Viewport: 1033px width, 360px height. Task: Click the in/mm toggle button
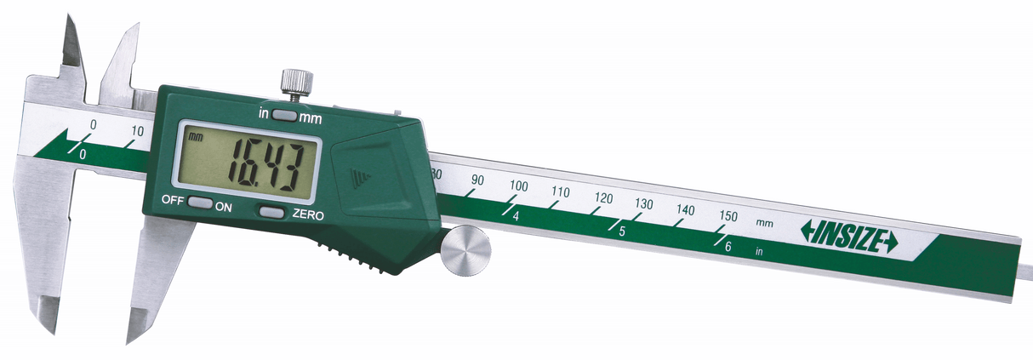pyautogui.click(x=284, y=116)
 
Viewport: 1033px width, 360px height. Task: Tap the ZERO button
pyautogui.click(x=272, y=212)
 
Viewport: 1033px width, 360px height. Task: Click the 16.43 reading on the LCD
pyautogui.click(x=266, y=168)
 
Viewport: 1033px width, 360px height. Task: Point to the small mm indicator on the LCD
pyautogui.click(x=196, y=137)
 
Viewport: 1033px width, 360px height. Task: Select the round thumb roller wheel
pyautogui.click(x=465, y=250)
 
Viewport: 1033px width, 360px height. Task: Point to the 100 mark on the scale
pyautogui.click(x=519, y=186)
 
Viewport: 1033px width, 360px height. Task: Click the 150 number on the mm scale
pyautogui.click(x=728, y=216)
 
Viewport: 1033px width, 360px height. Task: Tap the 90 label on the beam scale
pyautogui.click(x=477, y=180)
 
